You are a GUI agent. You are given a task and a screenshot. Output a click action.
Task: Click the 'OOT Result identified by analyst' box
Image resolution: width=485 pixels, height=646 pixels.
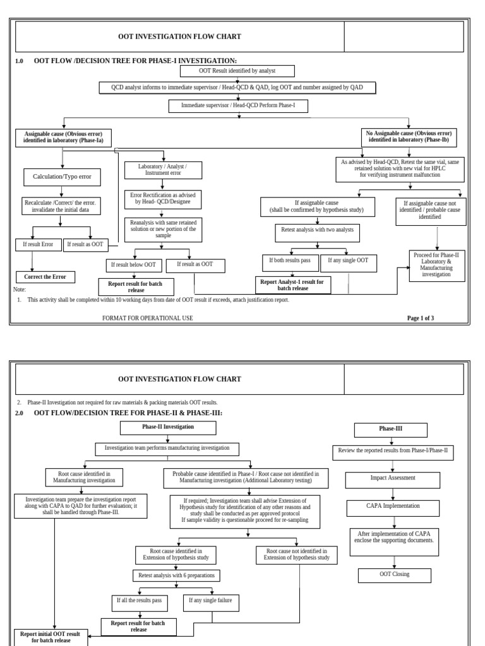pyautogui.click(x=237, y=71)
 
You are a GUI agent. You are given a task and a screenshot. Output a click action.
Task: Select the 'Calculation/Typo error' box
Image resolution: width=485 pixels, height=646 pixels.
pyautogui.click(x=62, y=177)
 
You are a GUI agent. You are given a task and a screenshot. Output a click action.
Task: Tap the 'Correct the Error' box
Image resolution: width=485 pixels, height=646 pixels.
pyautogui.click(x=45, y=277)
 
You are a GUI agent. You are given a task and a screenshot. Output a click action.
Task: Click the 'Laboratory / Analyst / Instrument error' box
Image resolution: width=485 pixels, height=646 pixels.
pyautogui.click(x=163, y=169)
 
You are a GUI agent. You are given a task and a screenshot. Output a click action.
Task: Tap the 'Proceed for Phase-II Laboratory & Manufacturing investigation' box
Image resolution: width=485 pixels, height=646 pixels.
pyautogui.click(x=436, y=265)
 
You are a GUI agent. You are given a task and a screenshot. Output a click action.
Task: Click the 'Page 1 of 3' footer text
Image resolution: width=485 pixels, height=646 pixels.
pyautogui.click(x=421, y=318)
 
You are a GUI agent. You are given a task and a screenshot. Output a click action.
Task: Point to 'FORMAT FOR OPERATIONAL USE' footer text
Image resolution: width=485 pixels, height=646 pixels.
pyautogui.click(x=147, y=318)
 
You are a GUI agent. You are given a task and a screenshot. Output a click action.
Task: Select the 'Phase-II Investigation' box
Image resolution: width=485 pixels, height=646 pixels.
pyautogui.click(x=168, y=427)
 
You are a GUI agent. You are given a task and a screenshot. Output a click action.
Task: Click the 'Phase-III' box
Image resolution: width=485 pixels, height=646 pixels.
pyautogui.click(x=390, y=430)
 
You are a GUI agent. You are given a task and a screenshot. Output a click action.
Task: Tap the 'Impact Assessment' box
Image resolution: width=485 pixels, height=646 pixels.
pyautogui.click(x=392, y=479)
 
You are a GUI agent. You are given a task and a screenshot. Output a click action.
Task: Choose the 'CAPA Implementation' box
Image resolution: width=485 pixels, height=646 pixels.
pyautogui.click(x=392, y=506)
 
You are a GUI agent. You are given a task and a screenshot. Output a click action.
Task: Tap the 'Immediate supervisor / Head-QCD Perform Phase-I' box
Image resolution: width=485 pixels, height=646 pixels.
pyautogui.click(x=238, y=106)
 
